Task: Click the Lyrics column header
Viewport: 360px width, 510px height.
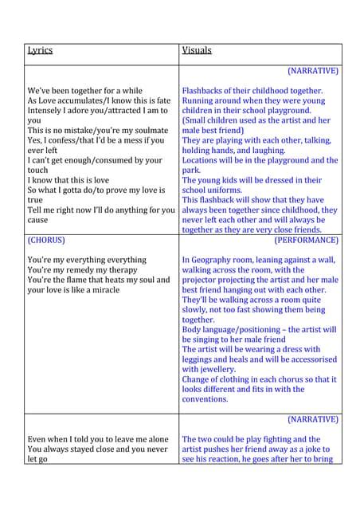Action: point(40,50)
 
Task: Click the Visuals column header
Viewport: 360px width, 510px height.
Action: point(197,50)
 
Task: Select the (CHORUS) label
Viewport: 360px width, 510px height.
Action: point(46,240)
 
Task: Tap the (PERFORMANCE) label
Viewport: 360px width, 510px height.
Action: point(306,240)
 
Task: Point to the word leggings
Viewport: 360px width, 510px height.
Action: point(199,359)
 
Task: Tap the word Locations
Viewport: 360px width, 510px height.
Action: point(204,160)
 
